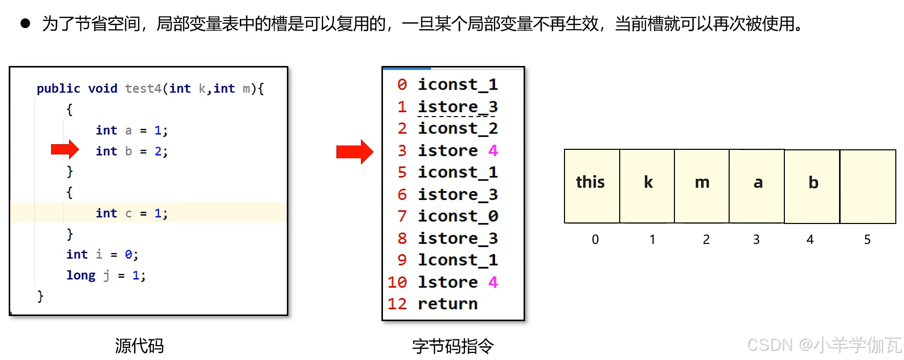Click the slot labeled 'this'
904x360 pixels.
591,186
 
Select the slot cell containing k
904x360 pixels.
647,186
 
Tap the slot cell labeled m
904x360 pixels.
702,186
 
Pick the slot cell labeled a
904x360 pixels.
757,186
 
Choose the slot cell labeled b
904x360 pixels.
812,186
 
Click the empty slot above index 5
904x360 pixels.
868,186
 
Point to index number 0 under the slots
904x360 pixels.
595,239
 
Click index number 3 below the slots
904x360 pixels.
756,239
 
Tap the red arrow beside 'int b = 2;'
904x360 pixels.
65,149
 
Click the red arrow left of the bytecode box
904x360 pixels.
354,152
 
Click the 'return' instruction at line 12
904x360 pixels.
447,304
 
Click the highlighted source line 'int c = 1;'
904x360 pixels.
131,213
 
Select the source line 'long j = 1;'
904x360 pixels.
106,276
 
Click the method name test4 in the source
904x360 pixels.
143,88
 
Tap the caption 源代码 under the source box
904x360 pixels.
139,346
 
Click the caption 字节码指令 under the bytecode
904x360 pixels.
453,346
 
